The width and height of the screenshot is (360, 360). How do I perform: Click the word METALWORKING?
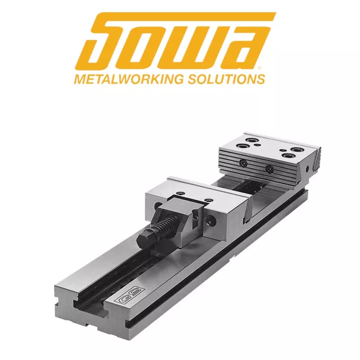point(129,79)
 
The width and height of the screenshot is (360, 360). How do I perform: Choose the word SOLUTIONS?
point(226,79)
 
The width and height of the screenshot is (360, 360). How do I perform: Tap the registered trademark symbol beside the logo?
point(260,68)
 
